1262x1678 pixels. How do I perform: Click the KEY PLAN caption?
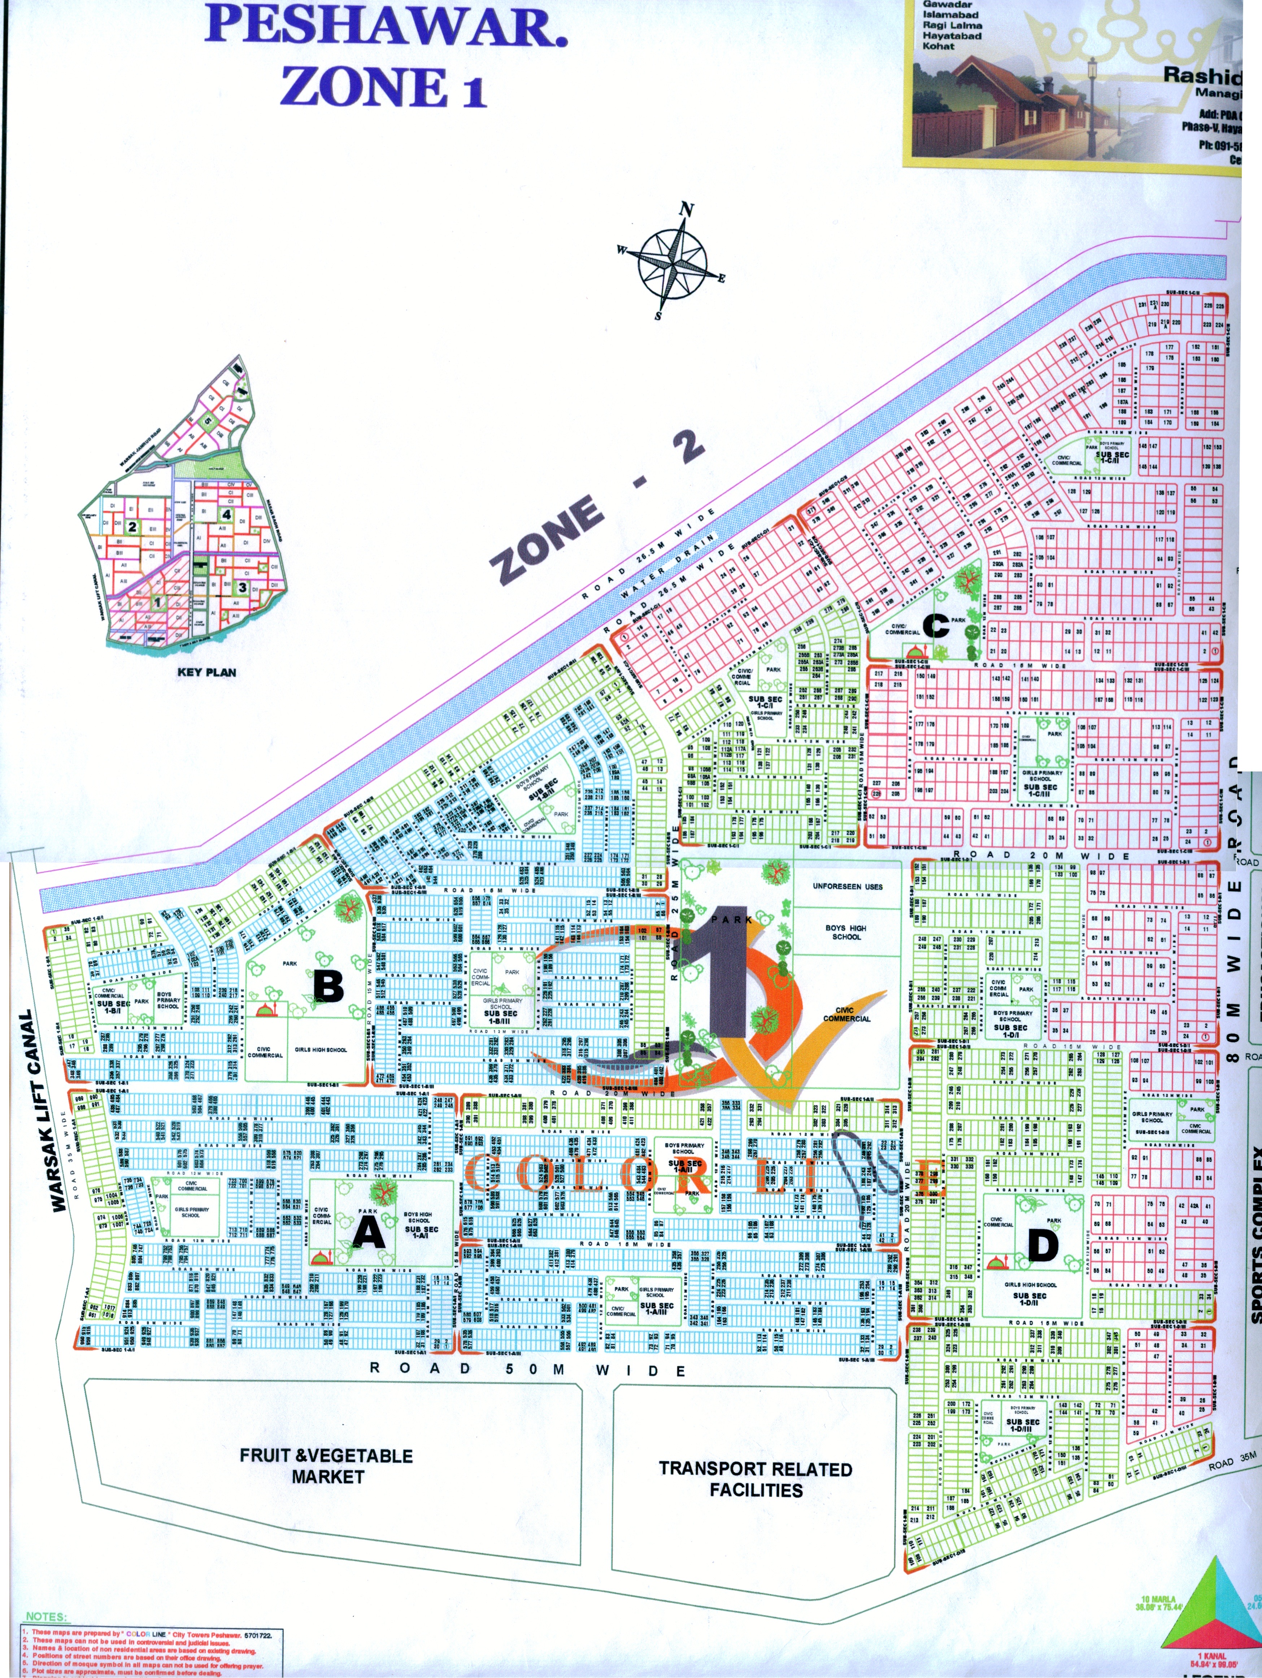[206, 671]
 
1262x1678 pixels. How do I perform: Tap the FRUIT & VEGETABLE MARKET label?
[327, 1466]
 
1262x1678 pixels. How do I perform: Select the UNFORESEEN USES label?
[847, 886]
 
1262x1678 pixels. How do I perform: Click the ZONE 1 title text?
[383, 87]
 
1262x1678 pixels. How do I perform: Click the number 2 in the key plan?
[132, 526]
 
